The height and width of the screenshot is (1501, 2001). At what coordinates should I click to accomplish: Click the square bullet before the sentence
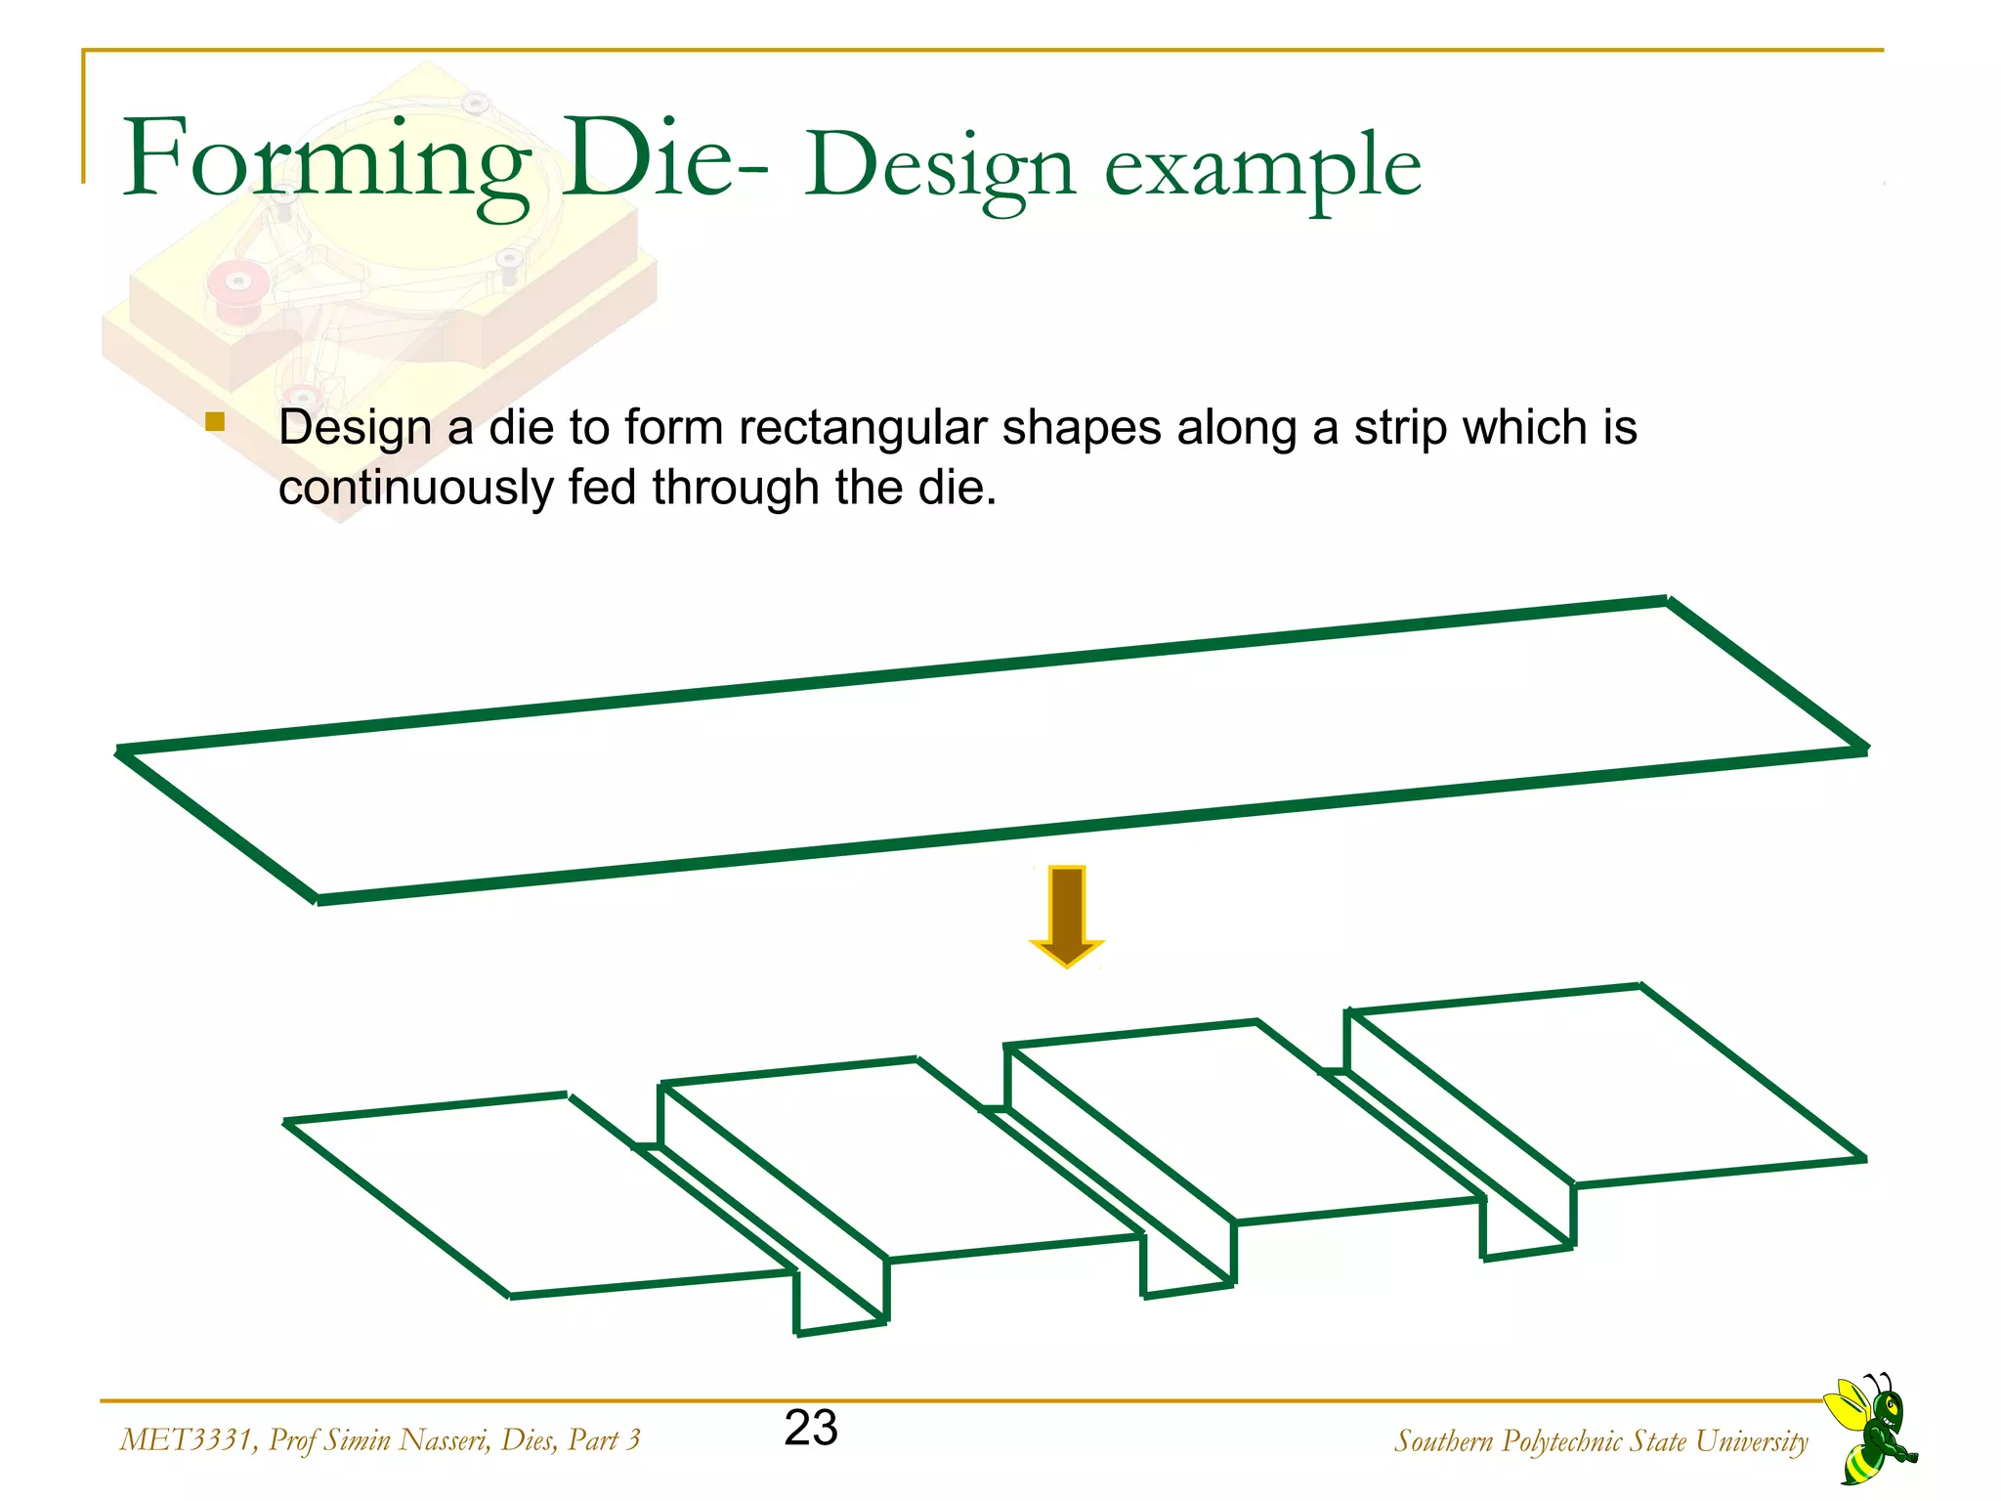coord(215,422)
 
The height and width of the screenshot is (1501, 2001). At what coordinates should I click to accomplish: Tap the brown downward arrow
coord(1067,915)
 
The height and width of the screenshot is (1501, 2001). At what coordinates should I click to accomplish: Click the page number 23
coord(811,1428)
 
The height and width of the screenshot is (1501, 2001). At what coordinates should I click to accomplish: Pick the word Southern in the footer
coord(1443,1441)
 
